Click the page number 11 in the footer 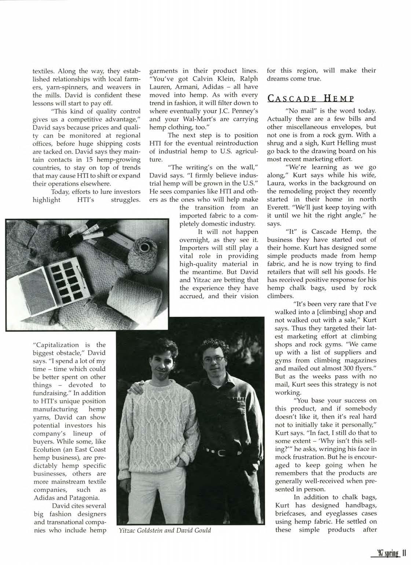click(x=404, y=552)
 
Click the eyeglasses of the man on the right click(x=213, y=359)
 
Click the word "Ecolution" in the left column click(x=47, y=449)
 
